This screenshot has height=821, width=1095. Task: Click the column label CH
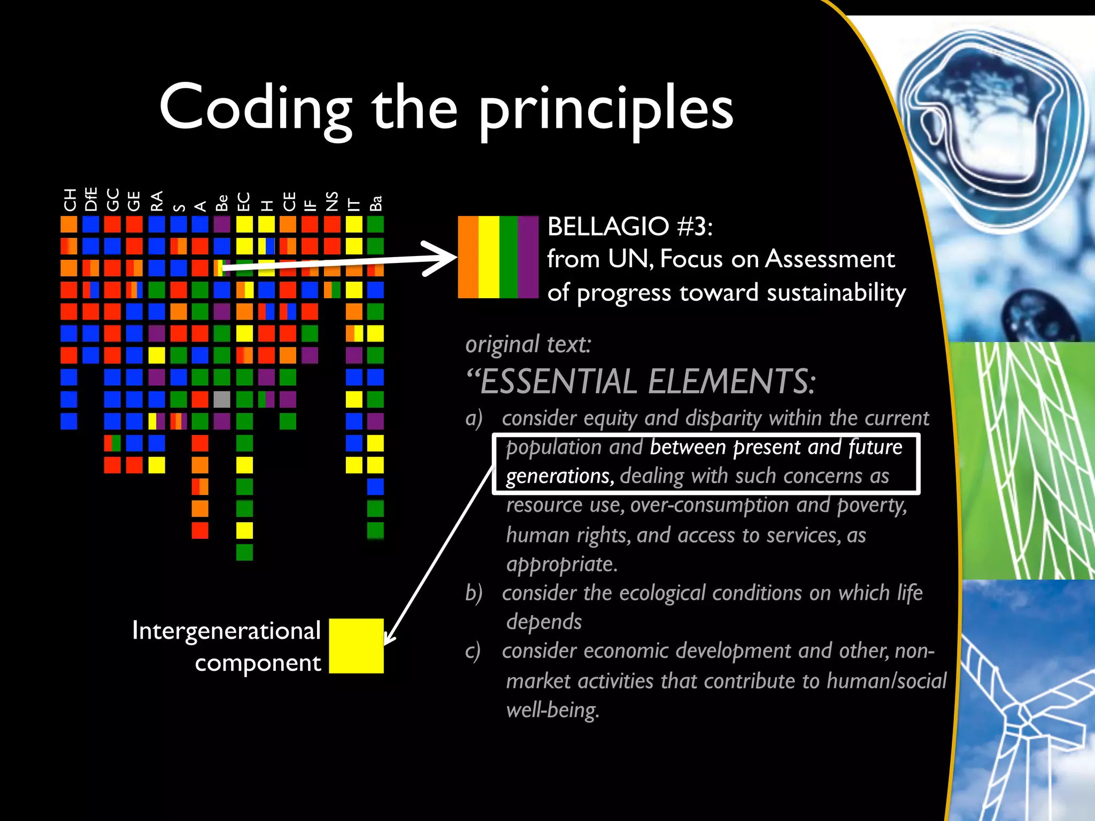[x=70, y=200]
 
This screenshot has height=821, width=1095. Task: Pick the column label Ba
[x=376, y=204]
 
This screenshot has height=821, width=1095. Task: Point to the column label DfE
[x=91, y=199]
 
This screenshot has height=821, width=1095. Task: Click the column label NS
[x=332, y=202]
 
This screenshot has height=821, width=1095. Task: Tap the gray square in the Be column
[x=222, y=399]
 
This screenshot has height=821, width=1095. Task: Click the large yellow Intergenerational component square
[x=356, y=646]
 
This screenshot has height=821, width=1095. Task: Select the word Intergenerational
[x=226, y=631]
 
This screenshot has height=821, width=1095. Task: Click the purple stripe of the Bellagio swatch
[x=528, y=257]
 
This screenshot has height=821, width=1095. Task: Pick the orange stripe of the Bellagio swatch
[x=468, y=257]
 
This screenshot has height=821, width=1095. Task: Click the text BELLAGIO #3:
[x=629, y=227]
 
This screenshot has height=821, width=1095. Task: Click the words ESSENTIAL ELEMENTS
[x=647, y=382]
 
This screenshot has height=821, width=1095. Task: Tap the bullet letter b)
[x=474, y=593]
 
